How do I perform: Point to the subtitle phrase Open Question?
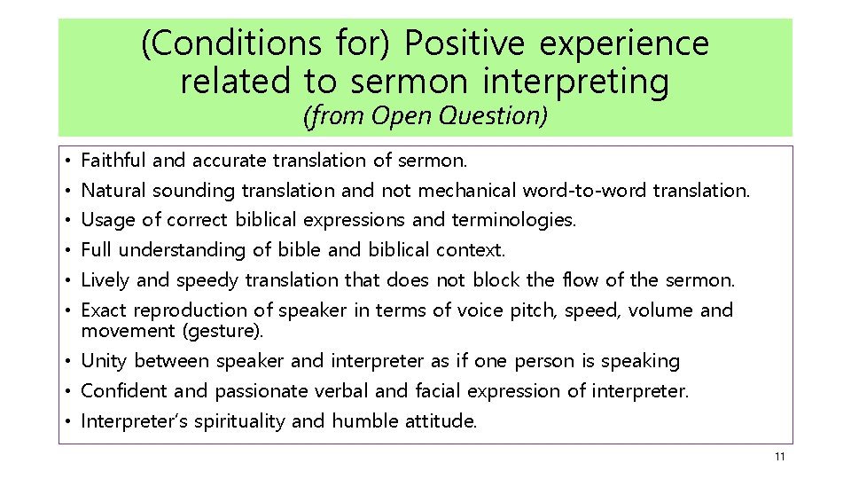(459, 115)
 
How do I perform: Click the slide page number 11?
(779, 457)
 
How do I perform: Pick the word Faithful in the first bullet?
(113, 161)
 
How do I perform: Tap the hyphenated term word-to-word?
(585, 190)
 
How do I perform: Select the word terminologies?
(513, 219)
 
